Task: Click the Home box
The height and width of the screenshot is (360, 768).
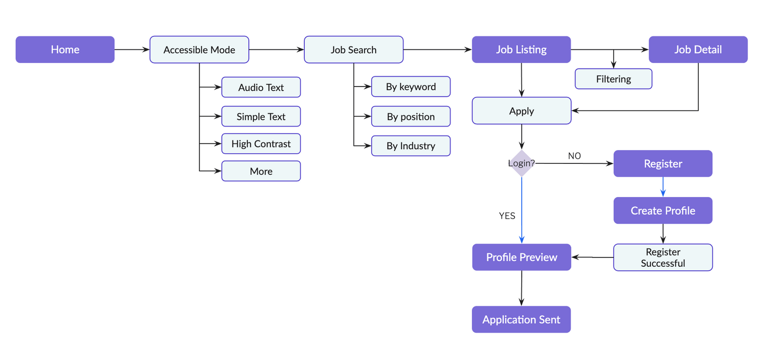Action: pos(65,50)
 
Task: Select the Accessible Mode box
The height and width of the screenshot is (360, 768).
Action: pos(199,50)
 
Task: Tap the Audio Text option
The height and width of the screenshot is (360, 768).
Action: pos(261,88)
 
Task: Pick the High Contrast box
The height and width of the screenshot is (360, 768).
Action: pos(261,144)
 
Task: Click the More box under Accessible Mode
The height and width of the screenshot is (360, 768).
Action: pos(261,172)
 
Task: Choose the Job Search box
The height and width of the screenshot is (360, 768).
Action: pos(353,50)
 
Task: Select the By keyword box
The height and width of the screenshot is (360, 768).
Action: pos(411,87)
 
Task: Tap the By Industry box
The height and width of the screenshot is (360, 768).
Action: pos(411,146)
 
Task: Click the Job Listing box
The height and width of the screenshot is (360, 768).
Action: pos(521,50)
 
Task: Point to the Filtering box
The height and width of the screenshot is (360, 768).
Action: pos(613,79)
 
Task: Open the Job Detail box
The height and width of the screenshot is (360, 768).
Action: pos(698,50)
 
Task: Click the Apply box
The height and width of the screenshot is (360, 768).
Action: pos(521,111)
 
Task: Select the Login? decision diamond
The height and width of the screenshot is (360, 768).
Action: pos(521,163)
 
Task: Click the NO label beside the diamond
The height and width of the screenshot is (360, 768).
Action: pos(574,156)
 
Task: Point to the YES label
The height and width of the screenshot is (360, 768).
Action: pos(507,216)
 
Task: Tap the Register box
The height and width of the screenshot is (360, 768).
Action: pos(663,164)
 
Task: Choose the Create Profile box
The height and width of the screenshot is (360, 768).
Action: pos(663,210)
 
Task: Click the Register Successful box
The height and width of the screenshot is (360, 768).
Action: pos(663,258)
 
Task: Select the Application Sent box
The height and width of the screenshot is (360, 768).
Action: pos(521,320)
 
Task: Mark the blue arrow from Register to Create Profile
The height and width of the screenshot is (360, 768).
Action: pos(663,187)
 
